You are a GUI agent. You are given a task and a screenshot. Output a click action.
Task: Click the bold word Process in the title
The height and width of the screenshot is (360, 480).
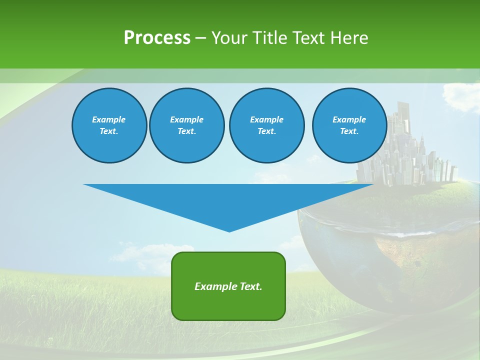point(157,38)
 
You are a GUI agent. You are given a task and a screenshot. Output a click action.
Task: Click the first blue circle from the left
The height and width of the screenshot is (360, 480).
point(109,125)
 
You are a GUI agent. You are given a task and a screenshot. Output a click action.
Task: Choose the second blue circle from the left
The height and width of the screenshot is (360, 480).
point(186,125)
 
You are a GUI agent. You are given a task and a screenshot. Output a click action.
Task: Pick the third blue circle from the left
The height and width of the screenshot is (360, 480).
point(266,125)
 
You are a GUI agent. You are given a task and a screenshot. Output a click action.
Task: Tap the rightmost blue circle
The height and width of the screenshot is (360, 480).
point(349,125)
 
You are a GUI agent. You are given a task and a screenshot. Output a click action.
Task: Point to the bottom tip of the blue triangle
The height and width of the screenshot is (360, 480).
point(229,231)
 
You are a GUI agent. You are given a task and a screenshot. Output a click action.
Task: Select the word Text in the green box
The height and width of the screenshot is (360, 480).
point(251,286)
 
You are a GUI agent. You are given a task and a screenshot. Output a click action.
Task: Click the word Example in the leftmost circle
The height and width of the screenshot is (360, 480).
point(109,119)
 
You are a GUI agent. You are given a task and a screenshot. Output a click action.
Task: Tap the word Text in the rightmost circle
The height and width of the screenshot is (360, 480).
point(349,131)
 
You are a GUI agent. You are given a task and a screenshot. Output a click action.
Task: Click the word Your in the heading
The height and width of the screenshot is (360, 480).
point(229,38)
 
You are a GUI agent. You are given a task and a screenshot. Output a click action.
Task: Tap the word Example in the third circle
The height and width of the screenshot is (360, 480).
point(266,119)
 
